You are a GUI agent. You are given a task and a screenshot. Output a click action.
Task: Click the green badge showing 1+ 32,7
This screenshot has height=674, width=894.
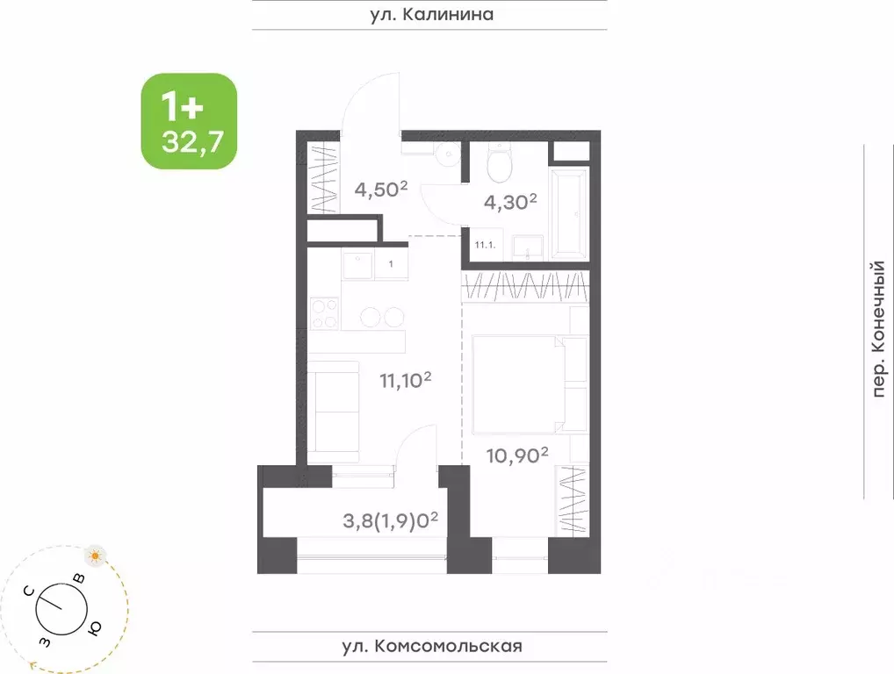pos(189,121)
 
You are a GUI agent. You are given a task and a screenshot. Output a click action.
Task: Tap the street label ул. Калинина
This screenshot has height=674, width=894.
pos(429,14)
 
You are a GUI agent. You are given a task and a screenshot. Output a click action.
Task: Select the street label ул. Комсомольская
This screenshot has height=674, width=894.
pos(431,647)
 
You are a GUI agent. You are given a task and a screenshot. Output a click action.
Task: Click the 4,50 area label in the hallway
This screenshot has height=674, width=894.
pos(381,189)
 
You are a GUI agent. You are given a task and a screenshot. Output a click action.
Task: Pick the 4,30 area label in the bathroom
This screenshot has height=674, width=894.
pos(510,203)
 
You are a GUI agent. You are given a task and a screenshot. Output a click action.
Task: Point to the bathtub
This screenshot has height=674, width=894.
pos(569,213)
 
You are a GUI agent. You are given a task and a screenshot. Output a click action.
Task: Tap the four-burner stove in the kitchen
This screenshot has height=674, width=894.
pos(325,313)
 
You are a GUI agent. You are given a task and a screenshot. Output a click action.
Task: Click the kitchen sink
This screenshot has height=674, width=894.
pos(357,264)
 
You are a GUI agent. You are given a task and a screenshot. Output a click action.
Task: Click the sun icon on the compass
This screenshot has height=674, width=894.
pos(95,555)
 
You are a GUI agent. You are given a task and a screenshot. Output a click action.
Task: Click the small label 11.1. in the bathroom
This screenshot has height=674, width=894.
pos(486,247)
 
